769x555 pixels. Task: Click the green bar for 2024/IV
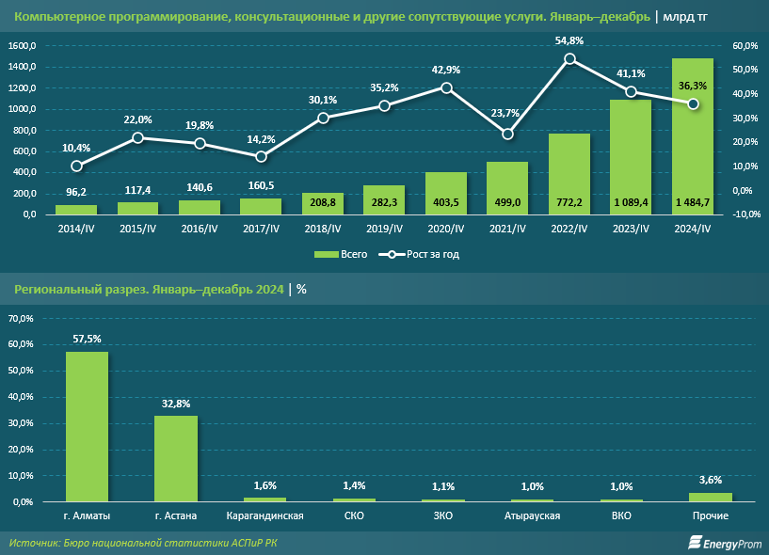[x=692, y=141]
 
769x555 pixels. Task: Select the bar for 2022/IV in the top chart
[x=569, y=179]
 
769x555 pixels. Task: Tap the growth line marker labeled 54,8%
[x=569, y=58]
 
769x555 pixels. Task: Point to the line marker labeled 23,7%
[x=507, y=134]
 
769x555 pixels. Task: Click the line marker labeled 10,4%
[x=76, y=166]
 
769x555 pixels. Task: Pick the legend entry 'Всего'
[x=338, y=254]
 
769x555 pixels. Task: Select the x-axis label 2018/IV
[x=323, y=229]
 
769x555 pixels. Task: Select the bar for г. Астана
[x=176, y=458]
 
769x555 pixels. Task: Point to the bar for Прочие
[x=710, y=497]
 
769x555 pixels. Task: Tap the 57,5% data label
[x=88, y=338]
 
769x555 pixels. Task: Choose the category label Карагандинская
[x=264, y=516]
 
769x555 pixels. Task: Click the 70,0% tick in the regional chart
[x=22, y=319]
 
